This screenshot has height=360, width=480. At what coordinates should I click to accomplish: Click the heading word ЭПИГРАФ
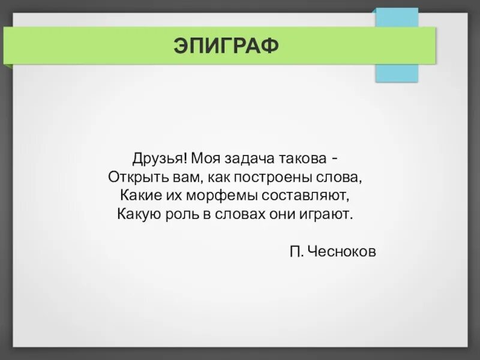click(227, 46)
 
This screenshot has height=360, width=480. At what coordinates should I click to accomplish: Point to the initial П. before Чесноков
click(296, 252)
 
